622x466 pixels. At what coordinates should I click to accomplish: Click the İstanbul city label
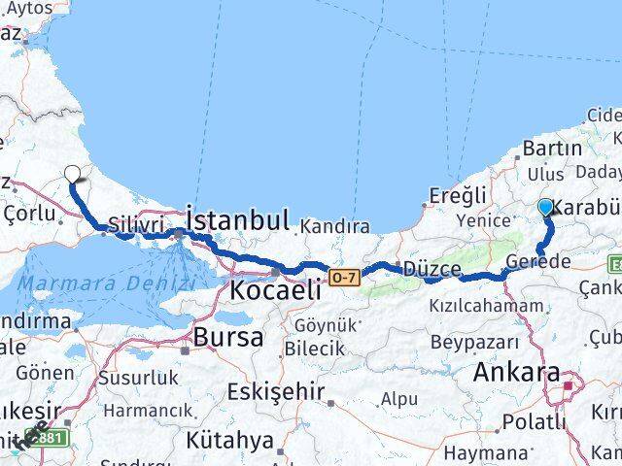tap(237, 220)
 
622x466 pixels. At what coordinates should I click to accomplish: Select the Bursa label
tap(228, 338)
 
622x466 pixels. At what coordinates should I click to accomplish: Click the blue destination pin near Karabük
tap(545, 208)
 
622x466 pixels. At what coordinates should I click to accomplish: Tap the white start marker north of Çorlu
tap(74, 175)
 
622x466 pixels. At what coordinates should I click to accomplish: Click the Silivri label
tap(133, 222)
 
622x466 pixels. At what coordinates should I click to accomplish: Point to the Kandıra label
tap(334, 226)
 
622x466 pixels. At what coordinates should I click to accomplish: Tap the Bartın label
tap(551, 149)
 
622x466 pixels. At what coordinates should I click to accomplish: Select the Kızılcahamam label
tap(485, 305)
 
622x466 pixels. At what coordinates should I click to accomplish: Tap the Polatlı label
tap(535, 422)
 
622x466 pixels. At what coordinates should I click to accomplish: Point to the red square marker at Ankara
tap(569, 392)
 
